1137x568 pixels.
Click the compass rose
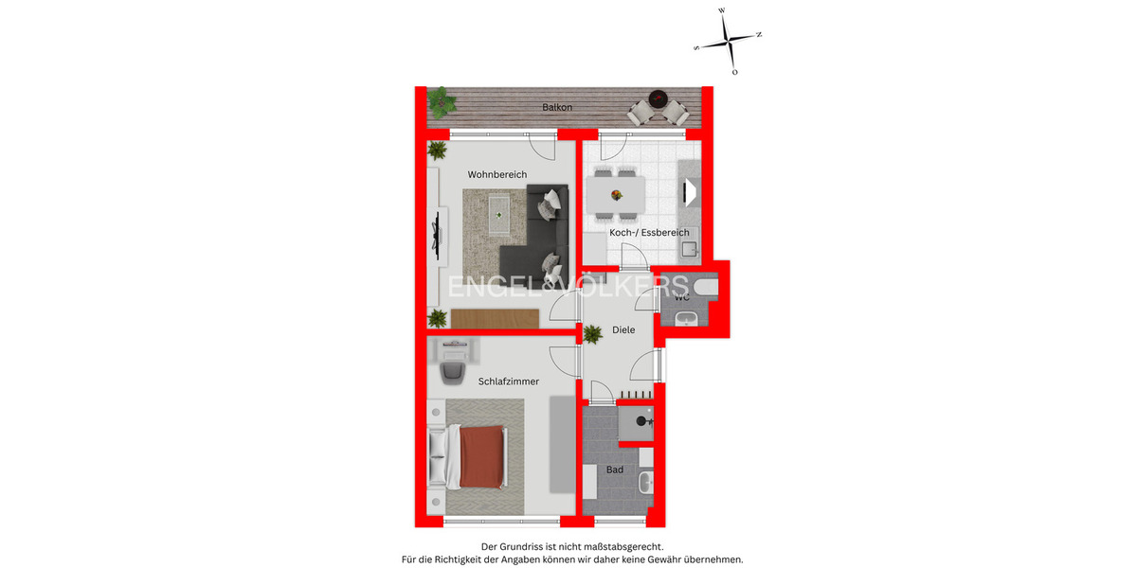pos(728,41)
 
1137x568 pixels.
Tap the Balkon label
pos(557,108)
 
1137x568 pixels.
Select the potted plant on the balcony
pos(439,98)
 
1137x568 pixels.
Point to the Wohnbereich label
pos(496,175)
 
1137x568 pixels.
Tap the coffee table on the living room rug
pos(498,217)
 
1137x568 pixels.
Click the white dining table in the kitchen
pos(616,195)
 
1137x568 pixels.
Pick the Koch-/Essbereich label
pos(641,233)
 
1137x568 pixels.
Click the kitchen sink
pos(689,249)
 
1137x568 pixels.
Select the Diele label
pos(623,330)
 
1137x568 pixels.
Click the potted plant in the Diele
pos(593,333)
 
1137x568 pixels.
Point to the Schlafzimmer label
pos(509,382)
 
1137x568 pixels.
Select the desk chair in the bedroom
pos(452,372)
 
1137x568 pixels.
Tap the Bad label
pos(615,470)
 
